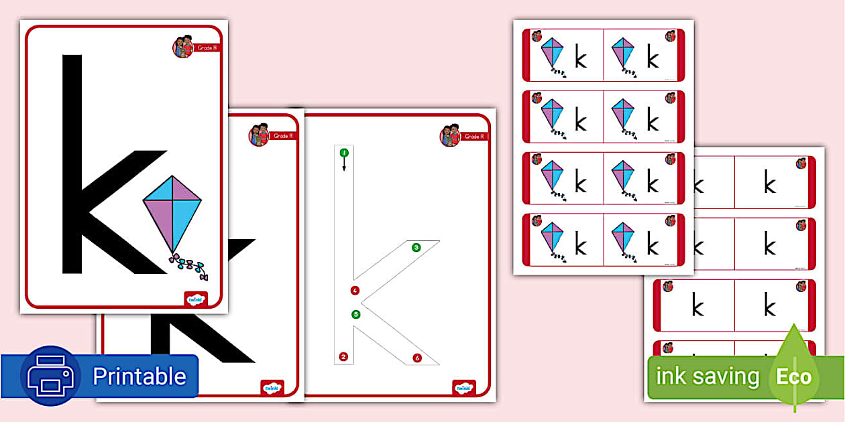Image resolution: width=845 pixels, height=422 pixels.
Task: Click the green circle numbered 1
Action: click(344, 153)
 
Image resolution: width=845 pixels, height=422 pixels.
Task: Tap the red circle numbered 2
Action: click(343, 356)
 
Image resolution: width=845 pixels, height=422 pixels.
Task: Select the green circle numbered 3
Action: click(416, 248)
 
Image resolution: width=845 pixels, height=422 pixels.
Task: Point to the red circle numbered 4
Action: click(355, 290)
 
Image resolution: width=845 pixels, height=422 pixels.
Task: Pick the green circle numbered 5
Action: click(355, 313)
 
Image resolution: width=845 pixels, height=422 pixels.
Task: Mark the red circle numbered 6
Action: click(417, 358)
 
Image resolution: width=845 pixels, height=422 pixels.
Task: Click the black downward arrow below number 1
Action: click(344, 165)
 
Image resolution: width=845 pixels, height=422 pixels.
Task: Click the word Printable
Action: click(139, 376)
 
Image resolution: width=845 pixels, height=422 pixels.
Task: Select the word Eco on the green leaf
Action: click(794, 376)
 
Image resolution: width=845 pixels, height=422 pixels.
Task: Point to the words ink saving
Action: click(707, 376)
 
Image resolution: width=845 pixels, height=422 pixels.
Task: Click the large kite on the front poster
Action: click(172, 214)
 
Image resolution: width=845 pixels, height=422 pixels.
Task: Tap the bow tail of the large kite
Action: click(188, 266)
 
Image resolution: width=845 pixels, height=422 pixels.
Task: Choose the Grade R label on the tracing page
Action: click(474, 137)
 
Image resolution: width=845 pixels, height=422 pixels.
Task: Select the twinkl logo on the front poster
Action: click(195, 299)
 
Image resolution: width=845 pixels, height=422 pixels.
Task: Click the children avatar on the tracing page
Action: click(450, 135)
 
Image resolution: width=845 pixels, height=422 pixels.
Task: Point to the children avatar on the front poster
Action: click(182, 47)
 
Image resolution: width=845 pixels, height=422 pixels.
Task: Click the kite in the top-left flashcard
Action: click(553, 54)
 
